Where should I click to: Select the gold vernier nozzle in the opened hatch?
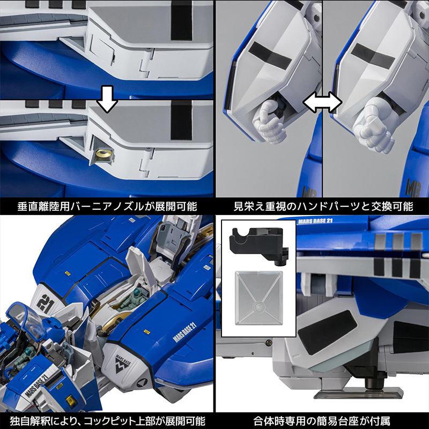point(102,155)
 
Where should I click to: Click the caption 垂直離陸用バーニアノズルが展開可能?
point(107,206)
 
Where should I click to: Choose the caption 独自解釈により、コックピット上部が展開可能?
point(107,421)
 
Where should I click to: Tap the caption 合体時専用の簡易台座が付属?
point(322,421)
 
